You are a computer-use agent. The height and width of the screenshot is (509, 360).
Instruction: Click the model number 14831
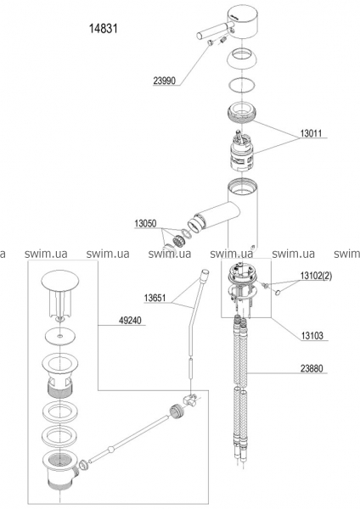pyautogui.click(x=104, y=29)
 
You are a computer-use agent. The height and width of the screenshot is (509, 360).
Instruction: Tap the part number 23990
pyautogui.click(x=164, y=81)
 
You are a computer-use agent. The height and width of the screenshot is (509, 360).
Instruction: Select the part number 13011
pyautogui.click(x=311, y=133)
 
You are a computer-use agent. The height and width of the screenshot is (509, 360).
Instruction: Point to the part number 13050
pyautogui.click(x=145, y=224)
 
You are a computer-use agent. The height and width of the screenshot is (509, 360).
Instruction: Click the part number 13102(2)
pyautogui.click(x=316, y=276)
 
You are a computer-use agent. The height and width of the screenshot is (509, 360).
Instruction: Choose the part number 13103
pyautogui.click(x=312, y=335)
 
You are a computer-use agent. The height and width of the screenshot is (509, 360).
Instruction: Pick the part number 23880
pyautogui.click(x=312, y=368)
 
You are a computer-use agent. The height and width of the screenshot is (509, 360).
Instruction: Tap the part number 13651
pyautogui.click(x=155, y=298)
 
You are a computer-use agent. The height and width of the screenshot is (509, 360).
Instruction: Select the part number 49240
pyautogui.click(x=130, y=321)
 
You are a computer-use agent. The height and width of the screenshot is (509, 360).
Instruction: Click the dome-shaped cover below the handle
pyautogui.click(x=242, y=58)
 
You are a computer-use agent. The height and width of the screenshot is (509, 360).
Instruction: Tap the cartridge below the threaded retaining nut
pyautogui.click(x=242, y=153)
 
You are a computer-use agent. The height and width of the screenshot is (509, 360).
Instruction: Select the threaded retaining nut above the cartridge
pyautogui.click(x=242, y=112)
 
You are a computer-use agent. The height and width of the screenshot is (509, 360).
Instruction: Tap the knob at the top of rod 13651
pyautogui.click(x=205, y=273)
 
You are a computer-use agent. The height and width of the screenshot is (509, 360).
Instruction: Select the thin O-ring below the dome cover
pyautogui.click(x=242, y=86)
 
